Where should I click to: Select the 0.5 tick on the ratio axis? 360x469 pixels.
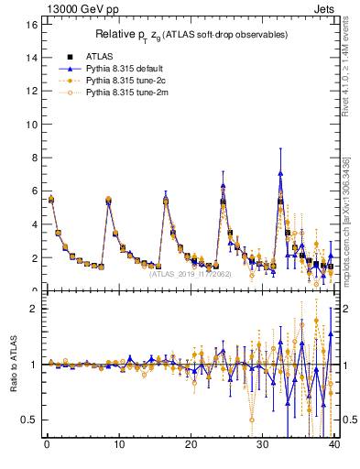pos(27,420)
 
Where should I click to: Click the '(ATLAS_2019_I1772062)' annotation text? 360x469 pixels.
pos(190,272)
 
